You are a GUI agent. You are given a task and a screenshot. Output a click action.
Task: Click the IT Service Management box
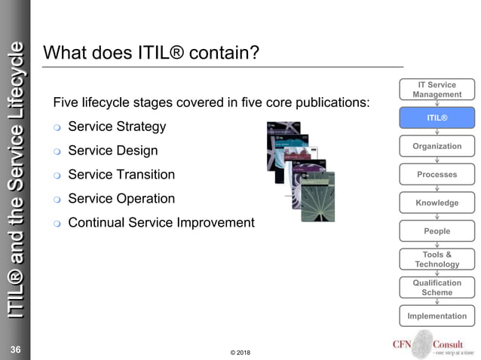click(x=437, y=90)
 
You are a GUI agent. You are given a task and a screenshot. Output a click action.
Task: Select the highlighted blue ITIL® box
click(x=437, y=118)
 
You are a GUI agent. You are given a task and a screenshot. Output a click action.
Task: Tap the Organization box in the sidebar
click(x=437, y=146)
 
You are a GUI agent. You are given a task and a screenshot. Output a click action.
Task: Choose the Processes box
click(x=437, y=174)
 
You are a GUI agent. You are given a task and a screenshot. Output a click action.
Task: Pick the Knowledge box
click(x=437, y=203)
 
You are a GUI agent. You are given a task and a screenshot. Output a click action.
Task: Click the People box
click(x=437, y=231)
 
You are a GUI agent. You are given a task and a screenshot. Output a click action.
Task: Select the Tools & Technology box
click(x=437, y=259)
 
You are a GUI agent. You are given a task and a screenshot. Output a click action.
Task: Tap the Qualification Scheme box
click(x=437, y=288)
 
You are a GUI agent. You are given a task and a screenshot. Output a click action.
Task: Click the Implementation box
click(x=437, y=316)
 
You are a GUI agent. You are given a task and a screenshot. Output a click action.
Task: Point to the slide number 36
click(x=15, y=349)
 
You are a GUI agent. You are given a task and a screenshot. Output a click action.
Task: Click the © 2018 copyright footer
click(x=240, y=352)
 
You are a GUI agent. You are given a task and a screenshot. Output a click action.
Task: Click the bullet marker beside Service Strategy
click(x=57, y=127)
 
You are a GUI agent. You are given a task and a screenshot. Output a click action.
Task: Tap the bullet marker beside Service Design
click(x=57, y=151)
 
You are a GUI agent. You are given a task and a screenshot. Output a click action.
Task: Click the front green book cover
click(x=317, y=197)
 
